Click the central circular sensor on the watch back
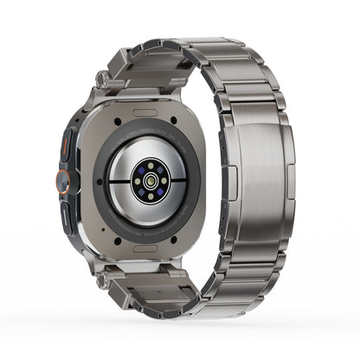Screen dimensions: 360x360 150,183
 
